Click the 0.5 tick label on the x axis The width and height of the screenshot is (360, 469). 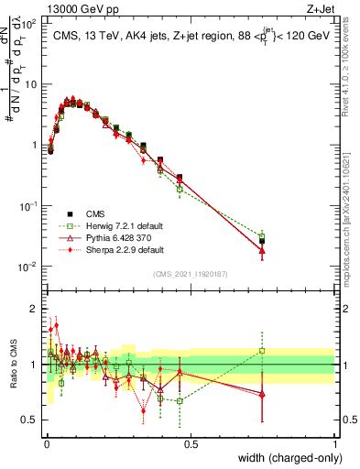coord(191,444)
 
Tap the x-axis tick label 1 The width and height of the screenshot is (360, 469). coord(335,444)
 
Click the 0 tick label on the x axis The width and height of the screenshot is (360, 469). coord(46,444)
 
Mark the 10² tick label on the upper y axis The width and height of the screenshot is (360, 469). coord(27,23)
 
